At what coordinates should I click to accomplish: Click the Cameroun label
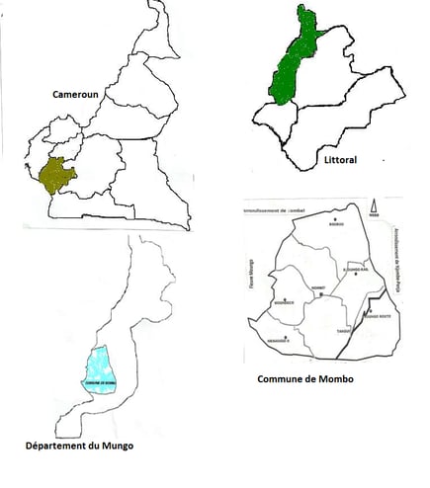tap(79, 94)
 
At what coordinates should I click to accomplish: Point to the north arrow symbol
tap(375, 207)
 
